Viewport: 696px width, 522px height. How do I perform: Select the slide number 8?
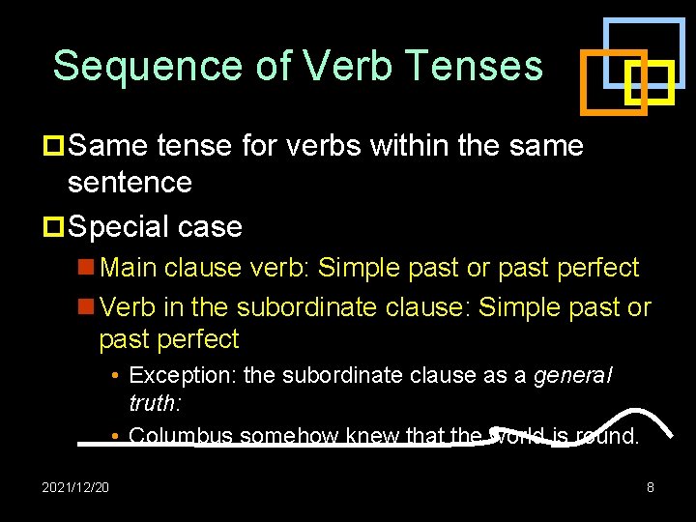(650, 487)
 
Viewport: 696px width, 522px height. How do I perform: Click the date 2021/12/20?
(75, 487)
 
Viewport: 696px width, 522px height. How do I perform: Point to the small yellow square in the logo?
(650, 82)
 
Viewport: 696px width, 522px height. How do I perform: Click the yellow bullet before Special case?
(54, 227)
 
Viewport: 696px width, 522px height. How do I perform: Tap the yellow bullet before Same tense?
(54, 146)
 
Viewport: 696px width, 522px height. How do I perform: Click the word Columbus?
(181, 436)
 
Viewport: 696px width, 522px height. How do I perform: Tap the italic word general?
(573, 375)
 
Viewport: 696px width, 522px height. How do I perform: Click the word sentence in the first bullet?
(130, 182)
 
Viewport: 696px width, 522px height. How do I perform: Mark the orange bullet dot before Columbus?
(115, 436)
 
